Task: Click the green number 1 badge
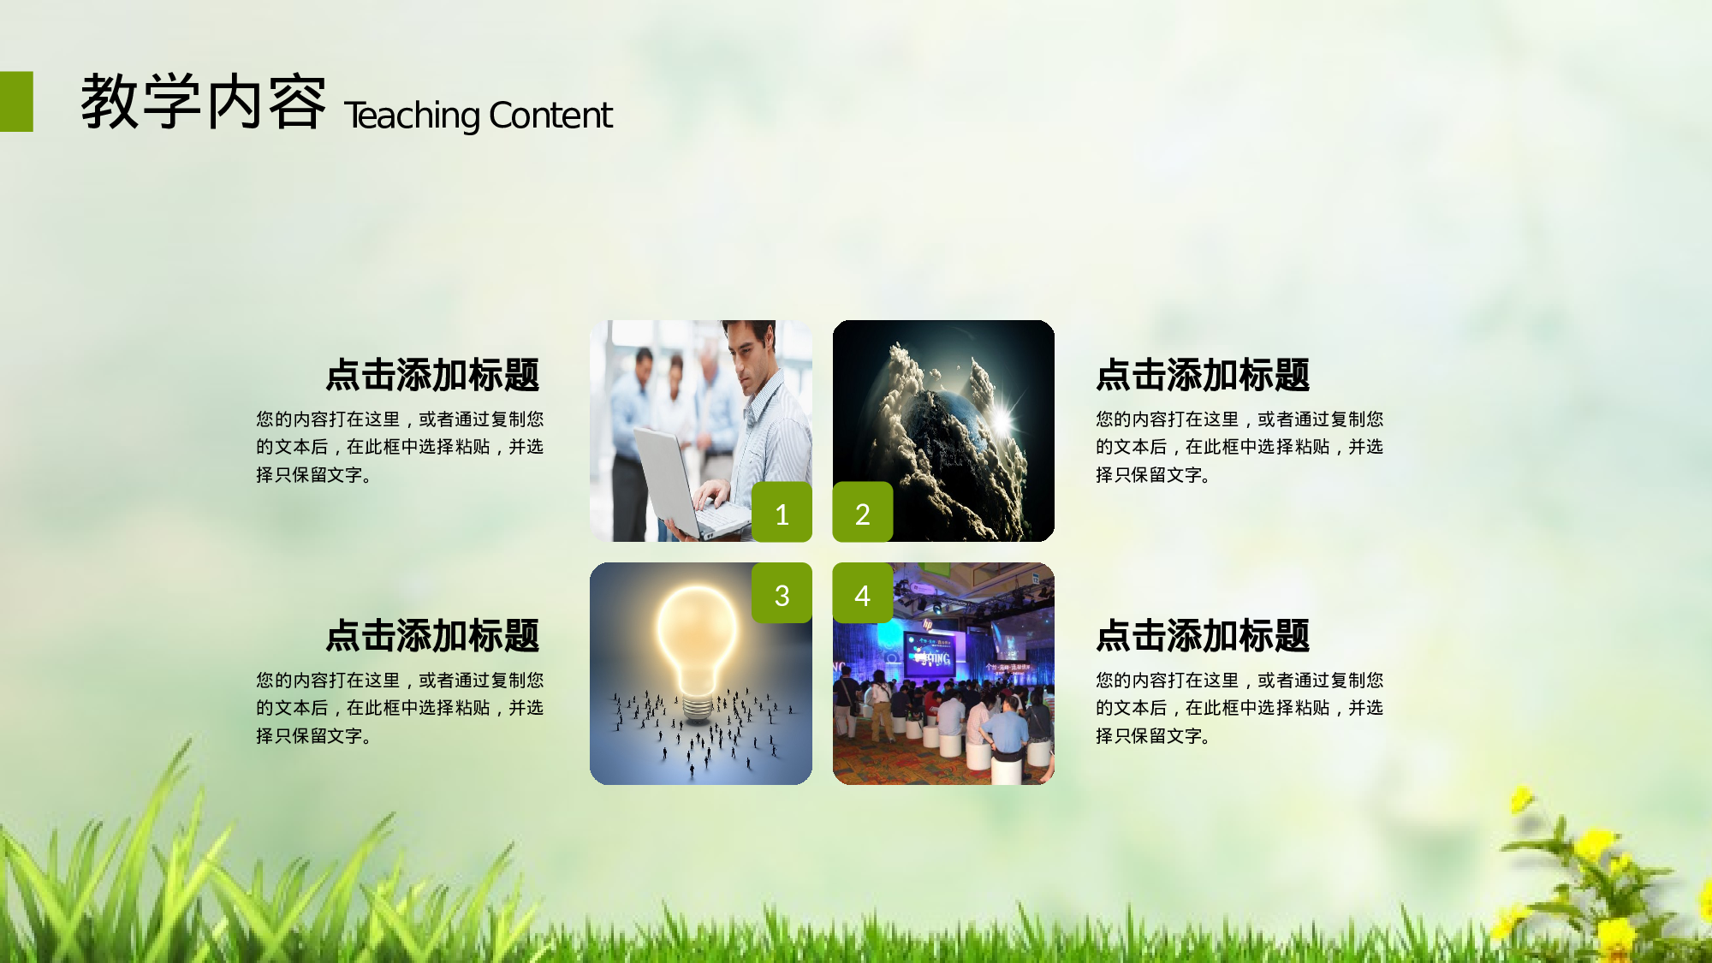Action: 782,512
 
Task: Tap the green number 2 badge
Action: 863,512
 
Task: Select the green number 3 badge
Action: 782,593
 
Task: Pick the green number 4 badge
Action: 863,593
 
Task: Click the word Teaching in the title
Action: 412,116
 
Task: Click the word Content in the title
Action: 550,116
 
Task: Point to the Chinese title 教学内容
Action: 204,103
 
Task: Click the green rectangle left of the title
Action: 16,101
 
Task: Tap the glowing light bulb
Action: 697,638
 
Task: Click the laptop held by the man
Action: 676,479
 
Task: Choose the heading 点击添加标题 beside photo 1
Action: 432,375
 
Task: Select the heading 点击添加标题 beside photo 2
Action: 1203,375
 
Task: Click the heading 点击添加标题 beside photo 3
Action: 432,636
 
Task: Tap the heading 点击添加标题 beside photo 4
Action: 1203,636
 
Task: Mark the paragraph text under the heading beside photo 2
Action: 1239,447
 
